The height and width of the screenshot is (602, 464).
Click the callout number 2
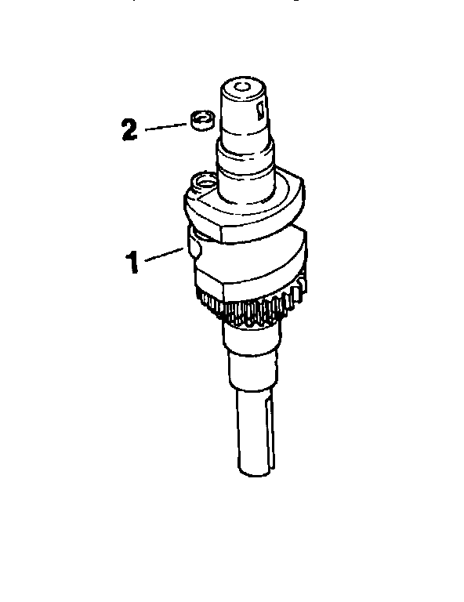[x=129, y=128]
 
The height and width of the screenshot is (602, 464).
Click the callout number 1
[x=134, y=262]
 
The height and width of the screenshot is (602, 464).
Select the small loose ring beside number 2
[x=202, y=120]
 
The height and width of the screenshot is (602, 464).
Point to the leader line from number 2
[x=166, y=124]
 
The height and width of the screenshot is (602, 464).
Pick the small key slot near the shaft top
[x=259, y=110]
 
